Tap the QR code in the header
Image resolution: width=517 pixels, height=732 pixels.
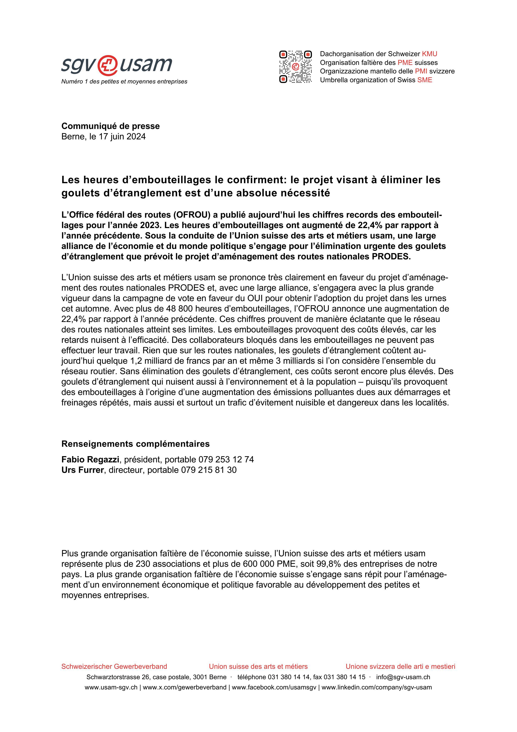(x=295, y=67)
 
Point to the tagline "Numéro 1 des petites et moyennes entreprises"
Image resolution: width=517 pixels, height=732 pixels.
(x=124, y=82)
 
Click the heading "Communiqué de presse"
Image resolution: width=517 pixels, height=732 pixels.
(x=111, y=126)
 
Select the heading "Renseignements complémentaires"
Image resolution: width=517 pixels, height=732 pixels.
(x=135, y=444)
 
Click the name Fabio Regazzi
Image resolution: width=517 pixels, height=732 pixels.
(x=90, y=459)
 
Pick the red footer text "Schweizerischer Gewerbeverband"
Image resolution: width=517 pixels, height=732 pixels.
(x=114, y=666)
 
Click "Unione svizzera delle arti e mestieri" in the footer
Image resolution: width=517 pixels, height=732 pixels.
(x=400, y=666)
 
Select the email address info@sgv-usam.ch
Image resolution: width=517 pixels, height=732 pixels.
(x=403, y=677)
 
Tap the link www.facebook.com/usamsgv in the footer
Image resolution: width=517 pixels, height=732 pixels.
(x=274, y=687)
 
